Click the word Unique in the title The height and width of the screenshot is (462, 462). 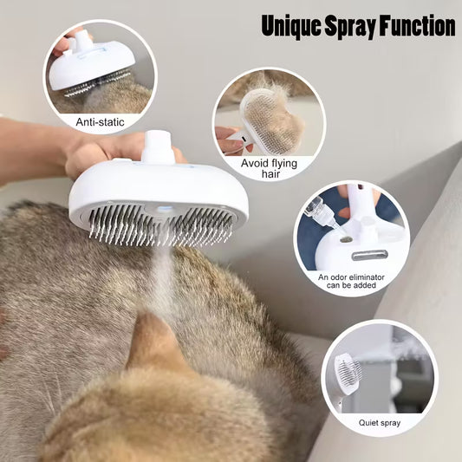(294, 26)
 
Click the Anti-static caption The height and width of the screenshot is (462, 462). (101, 123)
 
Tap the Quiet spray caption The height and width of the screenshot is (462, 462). (380, 422)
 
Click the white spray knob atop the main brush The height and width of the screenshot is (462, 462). (158, 146)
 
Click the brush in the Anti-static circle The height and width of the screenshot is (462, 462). (90, 65)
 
